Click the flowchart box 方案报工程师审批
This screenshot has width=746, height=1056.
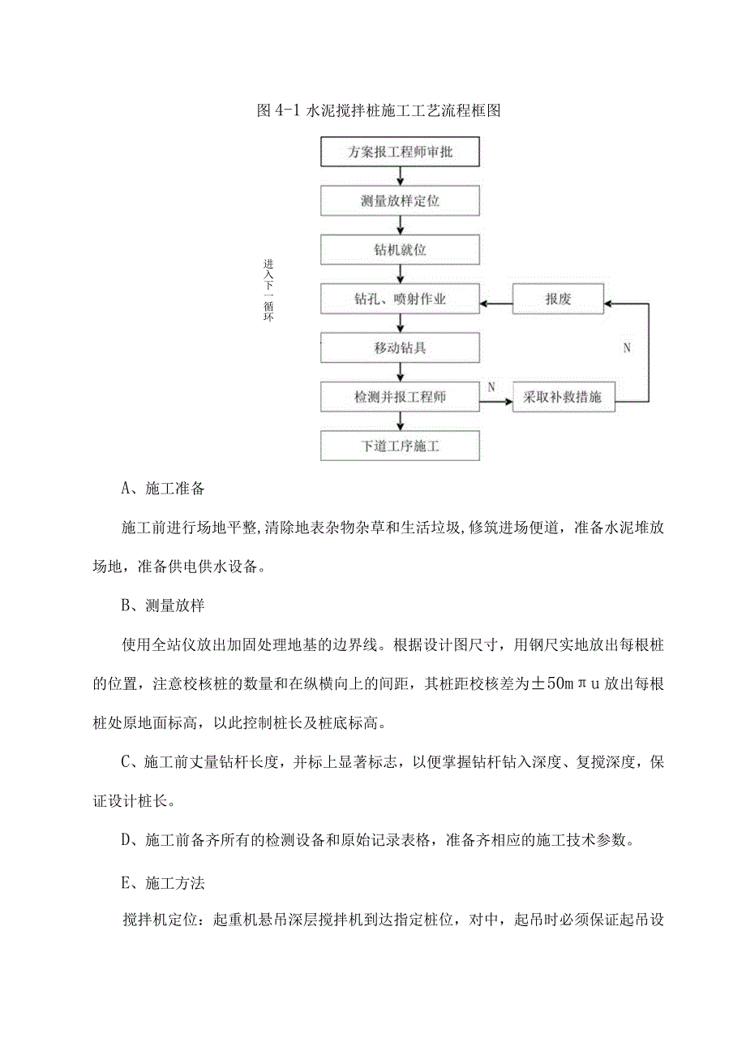point(401,152)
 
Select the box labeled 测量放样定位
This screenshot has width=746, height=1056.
point(401,200)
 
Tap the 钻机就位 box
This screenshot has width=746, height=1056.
point(401,249)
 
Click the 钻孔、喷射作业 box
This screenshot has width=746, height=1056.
point(401,299)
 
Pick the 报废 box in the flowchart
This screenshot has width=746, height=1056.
point(559,299)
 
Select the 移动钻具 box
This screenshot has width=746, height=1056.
point(401,348)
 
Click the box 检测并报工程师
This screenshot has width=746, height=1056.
point(401,397)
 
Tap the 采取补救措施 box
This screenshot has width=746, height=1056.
point(563,398)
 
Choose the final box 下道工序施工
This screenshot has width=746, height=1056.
point(401,446)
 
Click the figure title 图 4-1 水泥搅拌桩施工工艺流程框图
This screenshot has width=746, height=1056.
point(378,112)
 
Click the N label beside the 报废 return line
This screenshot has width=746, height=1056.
point(626,348)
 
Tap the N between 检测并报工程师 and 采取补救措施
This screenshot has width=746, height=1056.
point(491,387)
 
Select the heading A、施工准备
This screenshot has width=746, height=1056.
point(163,489)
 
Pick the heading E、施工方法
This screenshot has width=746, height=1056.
point(163,878)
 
